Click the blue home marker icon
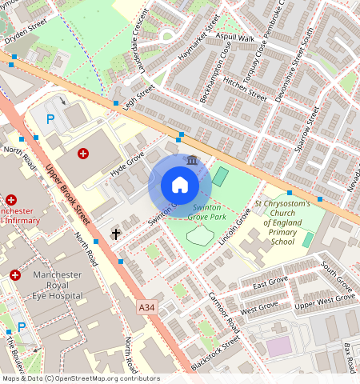pyautogui.click(x=180, y=186)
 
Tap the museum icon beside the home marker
pyautogui.click(x=192, y=162)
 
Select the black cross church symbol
pyautogui.click(x=116, y=234)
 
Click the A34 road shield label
pyautogui.click(x=146, y=306)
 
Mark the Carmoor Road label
pyautogui.click(x=222, y=310)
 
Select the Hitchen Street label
pyautogui.click(x=244, y=87)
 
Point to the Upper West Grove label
pyautogui.click(x=325, y=301)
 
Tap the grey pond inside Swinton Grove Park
pyautogui.click(x=200, y=234)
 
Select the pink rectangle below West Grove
pyautogui.click(x=278, y=346)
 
